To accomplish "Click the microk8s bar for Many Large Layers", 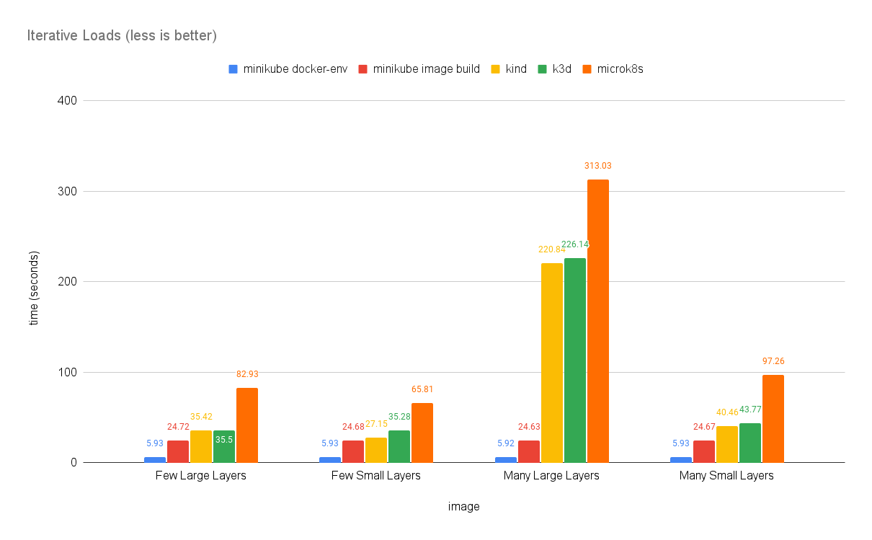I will coord(597,321).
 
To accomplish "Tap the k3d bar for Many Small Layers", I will coord(749,443).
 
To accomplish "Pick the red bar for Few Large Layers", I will coord(177,451).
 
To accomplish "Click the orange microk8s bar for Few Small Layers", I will coord(422,433).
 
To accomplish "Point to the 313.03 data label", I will coord(597,166).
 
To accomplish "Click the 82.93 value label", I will coord(246,374).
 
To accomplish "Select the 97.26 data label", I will coord(773,361).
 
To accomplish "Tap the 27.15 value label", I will coord(375,424).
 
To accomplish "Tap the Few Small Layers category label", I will coord(375,476).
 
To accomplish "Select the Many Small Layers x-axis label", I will coord(726,476).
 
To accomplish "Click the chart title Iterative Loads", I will coord(122,35).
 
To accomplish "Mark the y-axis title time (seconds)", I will coord(34,288).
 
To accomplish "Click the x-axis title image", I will coord(463,507).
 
